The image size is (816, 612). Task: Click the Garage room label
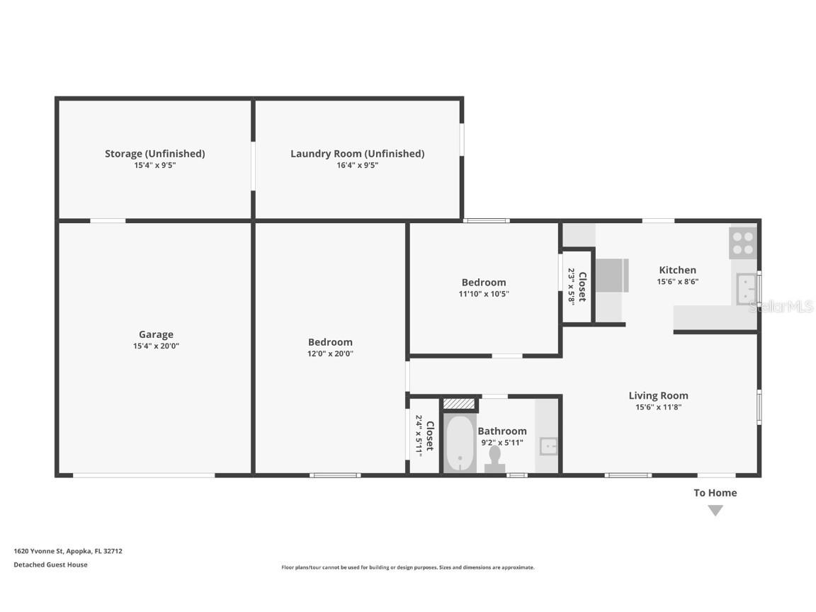[156, 334]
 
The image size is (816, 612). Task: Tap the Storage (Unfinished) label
[154, 153]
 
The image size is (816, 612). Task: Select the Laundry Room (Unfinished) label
[357, 153]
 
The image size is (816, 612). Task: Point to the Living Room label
[658, 395]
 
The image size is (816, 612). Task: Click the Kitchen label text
[677, 270]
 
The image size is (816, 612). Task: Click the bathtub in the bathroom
[460, 443]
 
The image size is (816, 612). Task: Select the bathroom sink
[548, 446]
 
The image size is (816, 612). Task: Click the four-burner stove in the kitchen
[742, 243]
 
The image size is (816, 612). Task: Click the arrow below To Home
[715, 510]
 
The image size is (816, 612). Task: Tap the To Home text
[715, 492]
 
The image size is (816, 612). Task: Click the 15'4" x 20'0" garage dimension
[156, 346]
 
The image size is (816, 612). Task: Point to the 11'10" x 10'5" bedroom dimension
[484, 294]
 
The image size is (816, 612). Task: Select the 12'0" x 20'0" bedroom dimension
[330, 353]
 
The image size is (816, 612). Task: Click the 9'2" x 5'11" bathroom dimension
[501, 443]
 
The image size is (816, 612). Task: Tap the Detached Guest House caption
[50, 565]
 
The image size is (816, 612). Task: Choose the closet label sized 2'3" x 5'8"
[577, 285]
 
